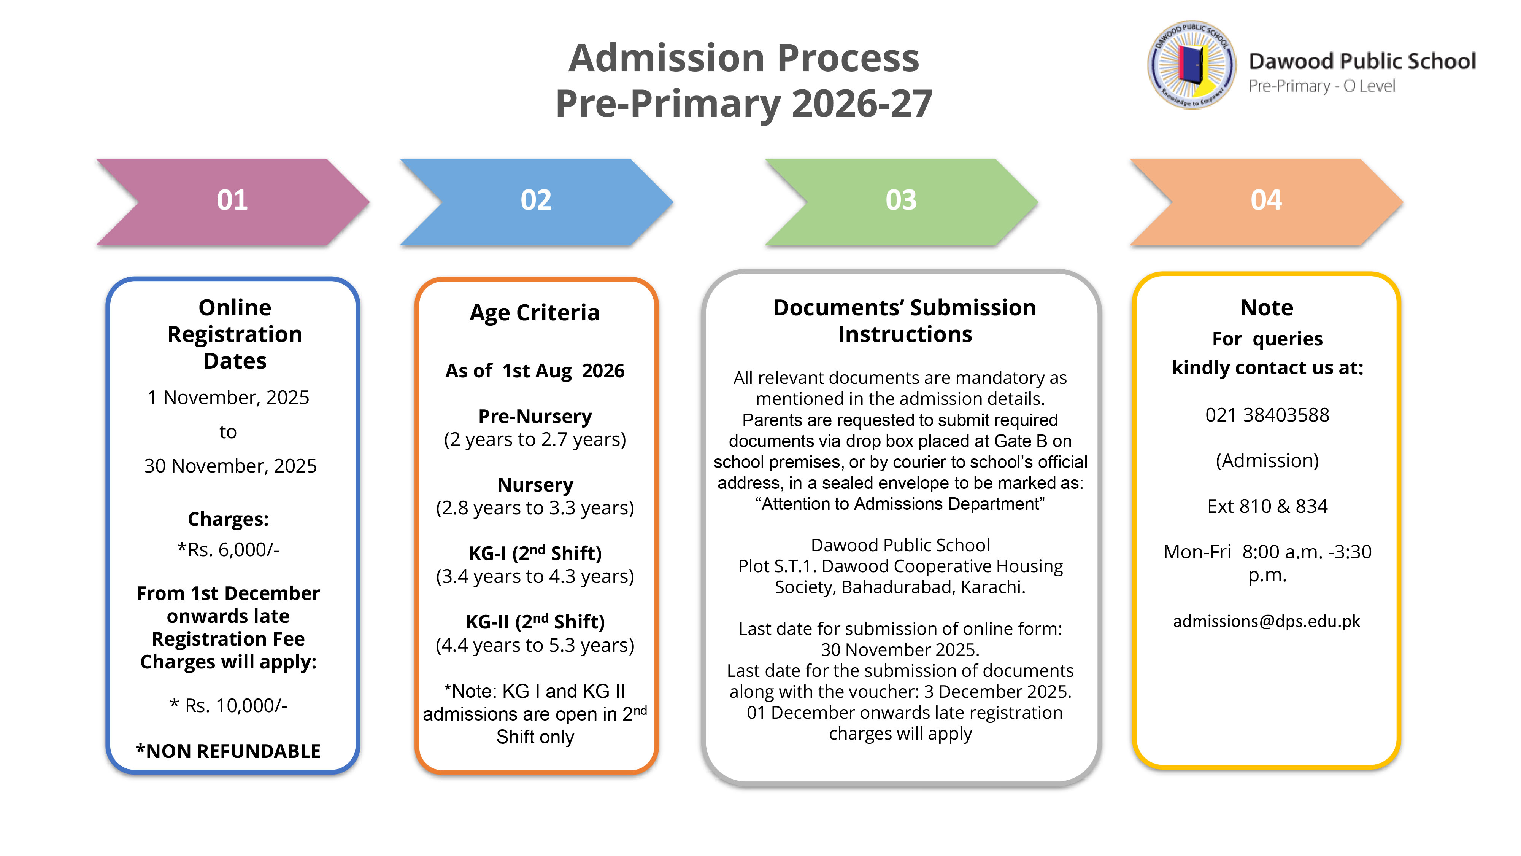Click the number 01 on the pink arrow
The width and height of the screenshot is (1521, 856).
point(232,200)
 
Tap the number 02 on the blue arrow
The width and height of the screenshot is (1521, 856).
point(535,200)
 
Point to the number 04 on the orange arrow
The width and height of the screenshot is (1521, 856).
point(1265,200)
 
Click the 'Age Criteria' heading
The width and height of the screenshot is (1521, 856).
point(534,312)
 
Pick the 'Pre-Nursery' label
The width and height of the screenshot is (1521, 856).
point(534,417)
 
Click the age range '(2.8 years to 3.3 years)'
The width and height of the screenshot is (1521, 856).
point(534,508)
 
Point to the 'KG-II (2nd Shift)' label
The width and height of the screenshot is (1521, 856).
point(534,622)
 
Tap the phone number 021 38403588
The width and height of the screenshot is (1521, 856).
point(1267,415)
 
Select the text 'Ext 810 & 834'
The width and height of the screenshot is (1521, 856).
point(1267,506)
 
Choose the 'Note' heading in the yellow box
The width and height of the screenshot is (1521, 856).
point(1267,308)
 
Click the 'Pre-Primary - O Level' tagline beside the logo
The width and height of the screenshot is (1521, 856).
point(1321,86)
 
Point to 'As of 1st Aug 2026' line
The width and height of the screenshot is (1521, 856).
point(534,371)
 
